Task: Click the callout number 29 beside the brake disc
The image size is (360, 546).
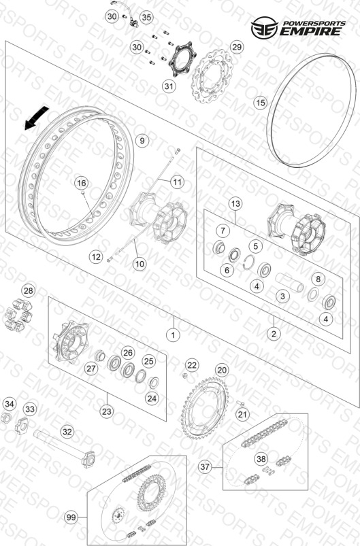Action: (x=237, y=47)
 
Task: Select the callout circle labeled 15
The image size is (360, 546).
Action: (x=261, y=103)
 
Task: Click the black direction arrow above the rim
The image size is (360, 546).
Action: (x=36, y=118)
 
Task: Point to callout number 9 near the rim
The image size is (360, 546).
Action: (x=142, y=141)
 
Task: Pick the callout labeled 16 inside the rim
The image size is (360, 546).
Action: (x=81, y=183)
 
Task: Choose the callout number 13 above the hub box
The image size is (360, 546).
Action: (x=235, y=203)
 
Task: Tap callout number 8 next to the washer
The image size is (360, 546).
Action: (x=318, y=279)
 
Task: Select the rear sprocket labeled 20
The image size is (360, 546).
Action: (x=205, y=409)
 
